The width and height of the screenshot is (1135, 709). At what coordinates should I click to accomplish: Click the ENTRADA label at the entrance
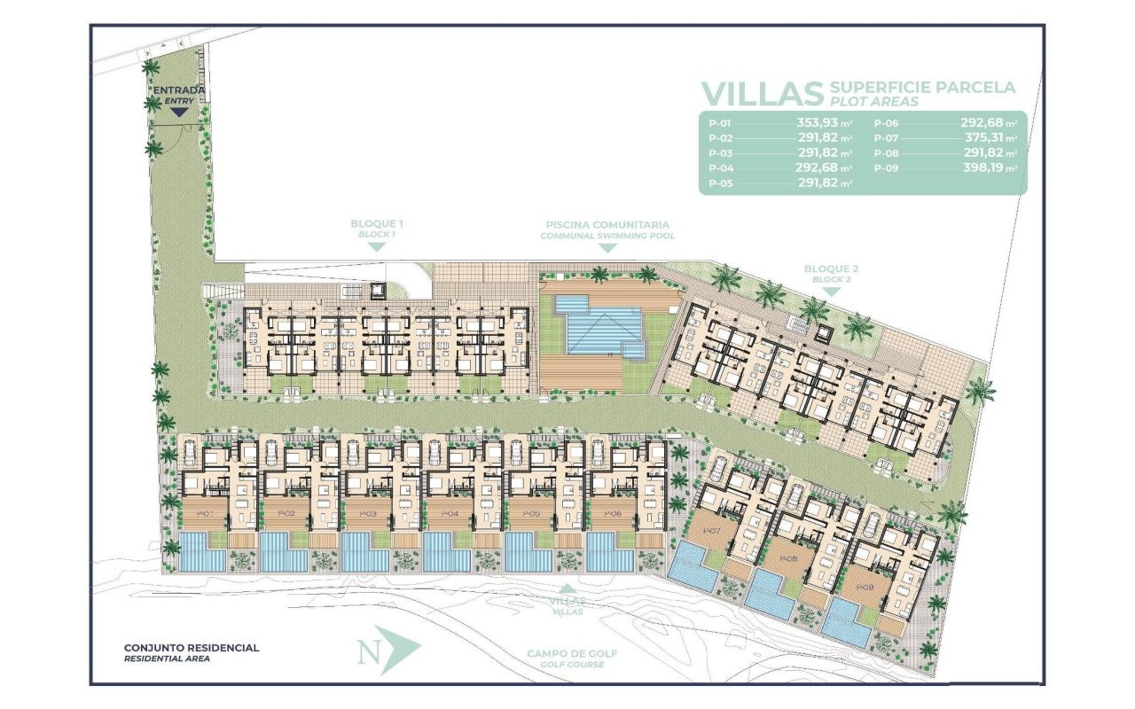pos(179,90)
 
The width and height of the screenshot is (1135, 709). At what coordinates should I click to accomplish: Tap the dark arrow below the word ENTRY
pos(179,113)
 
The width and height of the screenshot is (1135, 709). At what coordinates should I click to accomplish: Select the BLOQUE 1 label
pos(376,225)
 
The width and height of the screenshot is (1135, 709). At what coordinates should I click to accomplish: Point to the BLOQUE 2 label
pos(831,269)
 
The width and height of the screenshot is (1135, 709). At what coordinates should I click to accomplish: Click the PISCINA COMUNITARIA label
pos(607,225)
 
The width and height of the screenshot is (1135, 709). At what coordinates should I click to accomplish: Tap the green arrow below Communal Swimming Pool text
pos(607,248)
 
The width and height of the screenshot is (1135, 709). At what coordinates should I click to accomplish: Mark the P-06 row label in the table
pos(889,124)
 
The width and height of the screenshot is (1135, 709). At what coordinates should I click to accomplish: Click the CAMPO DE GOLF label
pos(572,654)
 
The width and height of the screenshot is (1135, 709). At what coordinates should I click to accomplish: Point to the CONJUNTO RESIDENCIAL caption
pos(192,648)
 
